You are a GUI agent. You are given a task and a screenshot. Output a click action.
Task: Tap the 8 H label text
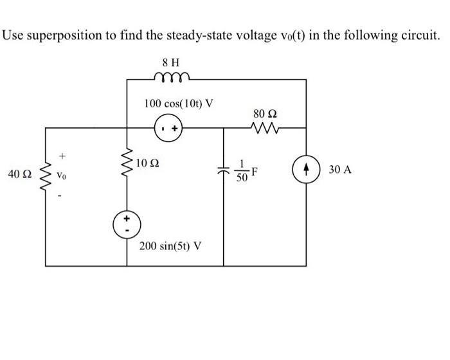click(171, 62)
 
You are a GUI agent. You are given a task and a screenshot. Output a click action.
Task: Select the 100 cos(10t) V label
click(179, 104)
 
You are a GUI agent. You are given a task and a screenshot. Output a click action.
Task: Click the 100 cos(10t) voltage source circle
click(170, 128)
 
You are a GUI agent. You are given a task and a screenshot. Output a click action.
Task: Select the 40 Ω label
click(19, 174)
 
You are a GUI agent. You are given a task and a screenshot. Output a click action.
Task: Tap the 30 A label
click(340, 170)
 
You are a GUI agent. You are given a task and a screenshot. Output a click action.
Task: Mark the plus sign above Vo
click(62, 155)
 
